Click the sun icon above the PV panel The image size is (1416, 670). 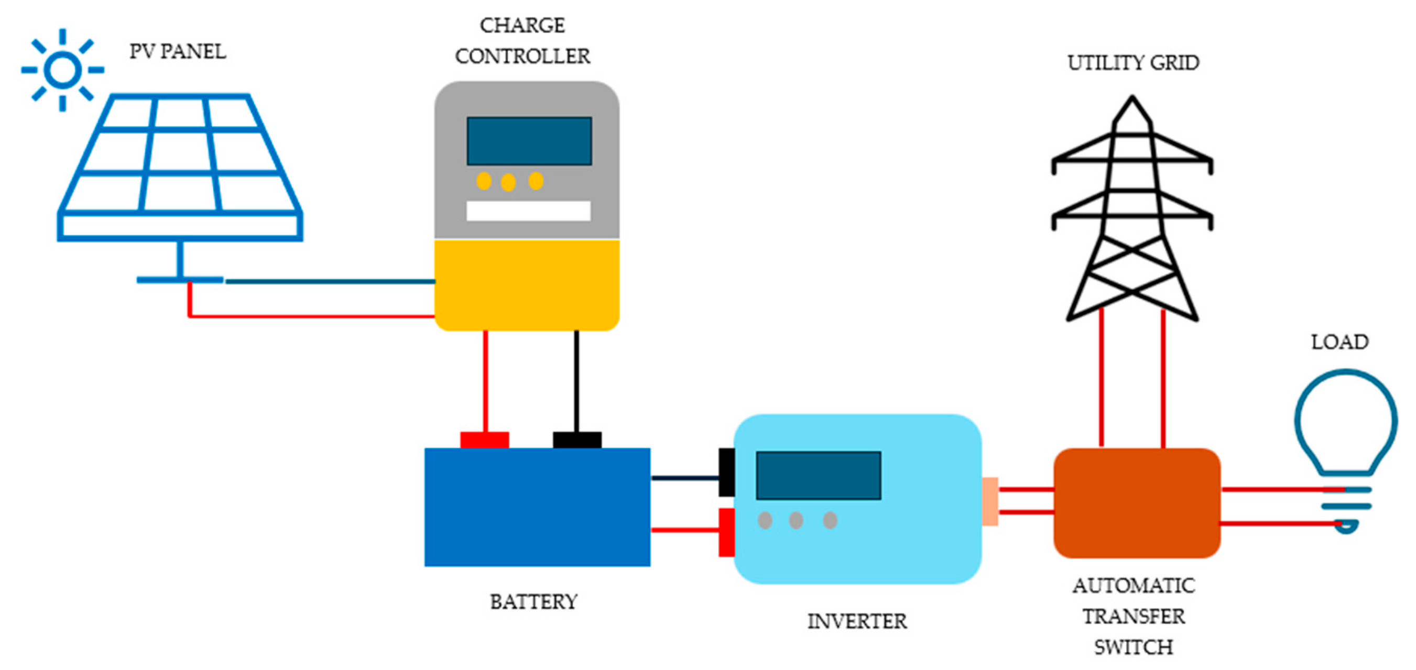(63, 70)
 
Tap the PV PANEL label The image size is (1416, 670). (178, 52)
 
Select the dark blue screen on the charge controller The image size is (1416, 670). (529, 141)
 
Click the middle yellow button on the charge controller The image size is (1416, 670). (508, 182)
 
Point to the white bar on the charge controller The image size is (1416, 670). (528, 211)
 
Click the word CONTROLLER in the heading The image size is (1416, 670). (522, 56)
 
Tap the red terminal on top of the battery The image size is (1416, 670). (484, 440)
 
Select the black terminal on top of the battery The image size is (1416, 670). (576, 440)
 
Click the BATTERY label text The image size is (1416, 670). (533, 602)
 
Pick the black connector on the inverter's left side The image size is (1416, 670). (726, 472)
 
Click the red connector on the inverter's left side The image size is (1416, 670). (726, 532)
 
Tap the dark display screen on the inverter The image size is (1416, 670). (818, 476)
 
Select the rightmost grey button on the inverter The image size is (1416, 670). (830, 520)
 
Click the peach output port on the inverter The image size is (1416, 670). (989, 501)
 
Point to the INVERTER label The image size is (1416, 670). (856, 622)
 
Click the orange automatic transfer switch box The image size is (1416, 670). (1136, 503)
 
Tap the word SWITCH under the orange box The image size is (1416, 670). (1133, 647)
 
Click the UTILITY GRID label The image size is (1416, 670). (1133, 63)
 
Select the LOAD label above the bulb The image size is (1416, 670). (1339, 343)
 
